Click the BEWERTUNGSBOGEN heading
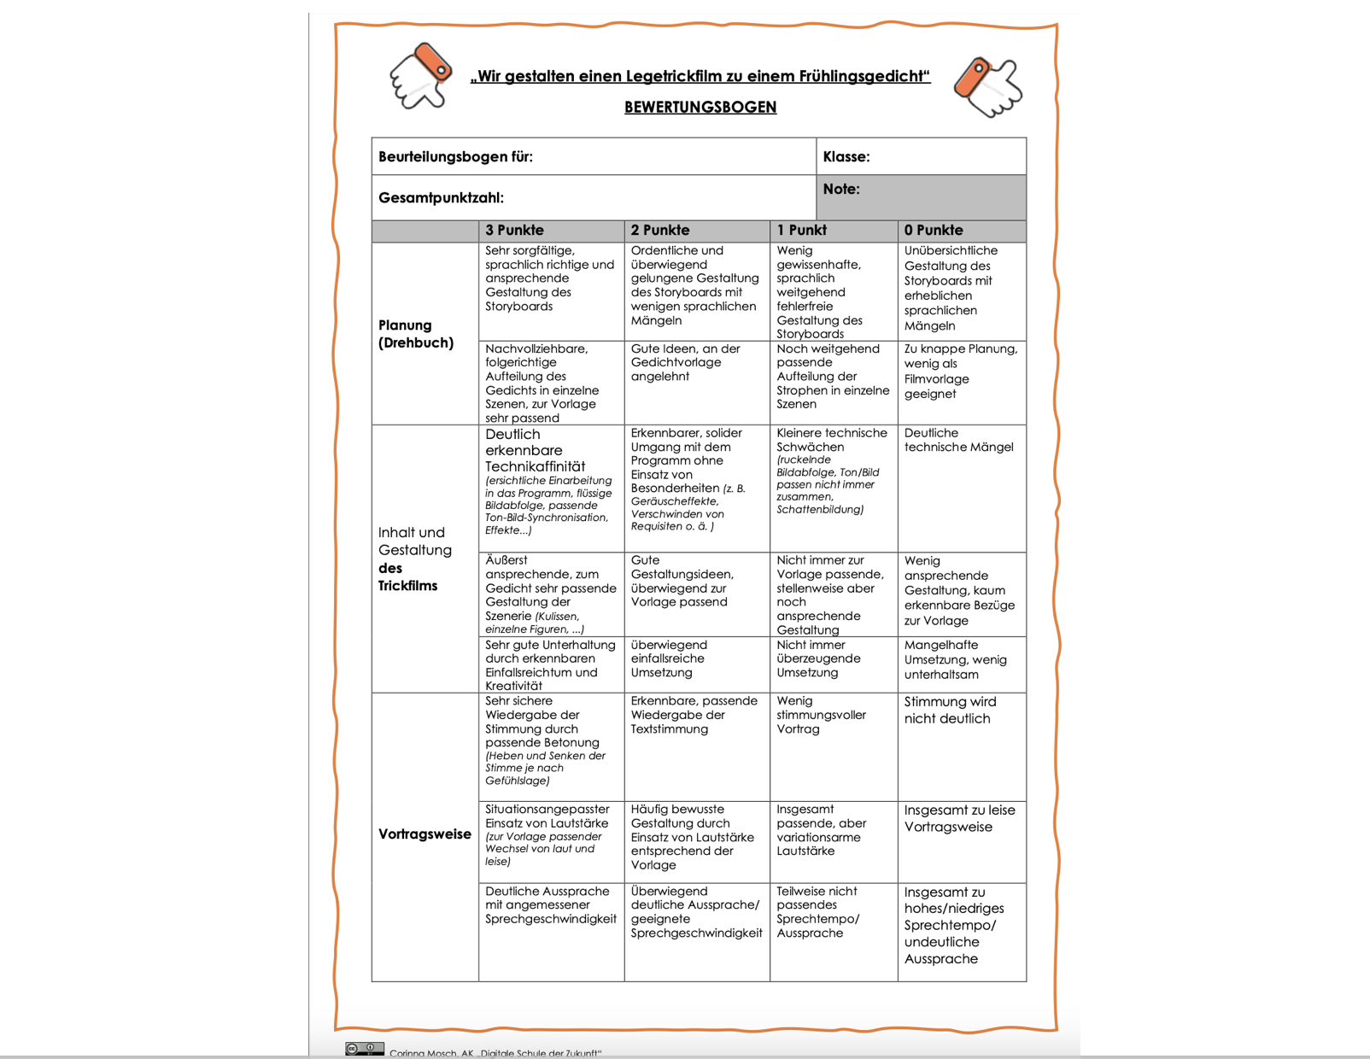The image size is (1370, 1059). click(700, 108)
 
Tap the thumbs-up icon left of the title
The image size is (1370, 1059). click(420, 76)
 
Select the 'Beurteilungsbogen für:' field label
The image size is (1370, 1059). click(455, 157)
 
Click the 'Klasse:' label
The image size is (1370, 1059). click(846, 157)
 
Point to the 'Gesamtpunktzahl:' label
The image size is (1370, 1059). click(441, 198)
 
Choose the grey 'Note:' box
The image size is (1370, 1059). click(921, 197)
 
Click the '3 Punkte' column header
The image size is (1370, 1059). click(514, 231)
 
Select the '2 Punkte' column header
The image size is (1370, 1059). click(660, 231)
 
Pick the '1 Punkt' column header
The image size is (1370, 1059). click(801, 231)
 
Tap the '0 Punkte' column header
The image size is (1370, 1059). click(934, 231)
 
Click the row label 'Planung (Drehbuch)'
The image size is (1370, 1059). click(416, 334)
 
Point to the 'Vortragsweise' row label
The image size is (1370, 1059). click(424, 834)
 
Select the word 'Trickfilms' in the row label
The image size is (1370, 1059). click(407, 586)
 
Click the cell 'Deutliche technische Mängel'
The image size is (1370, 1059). click(958, 440)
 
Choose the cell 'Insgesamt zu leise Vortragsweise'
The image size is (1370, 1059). click(959, 818)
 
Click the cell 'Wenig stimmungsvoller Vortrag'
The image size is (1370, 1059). click(821, 715)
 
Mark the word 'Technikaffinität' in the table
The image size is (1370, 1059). click(536, 466)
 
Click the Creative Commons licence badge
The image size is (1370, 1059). click(365, 1049)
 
